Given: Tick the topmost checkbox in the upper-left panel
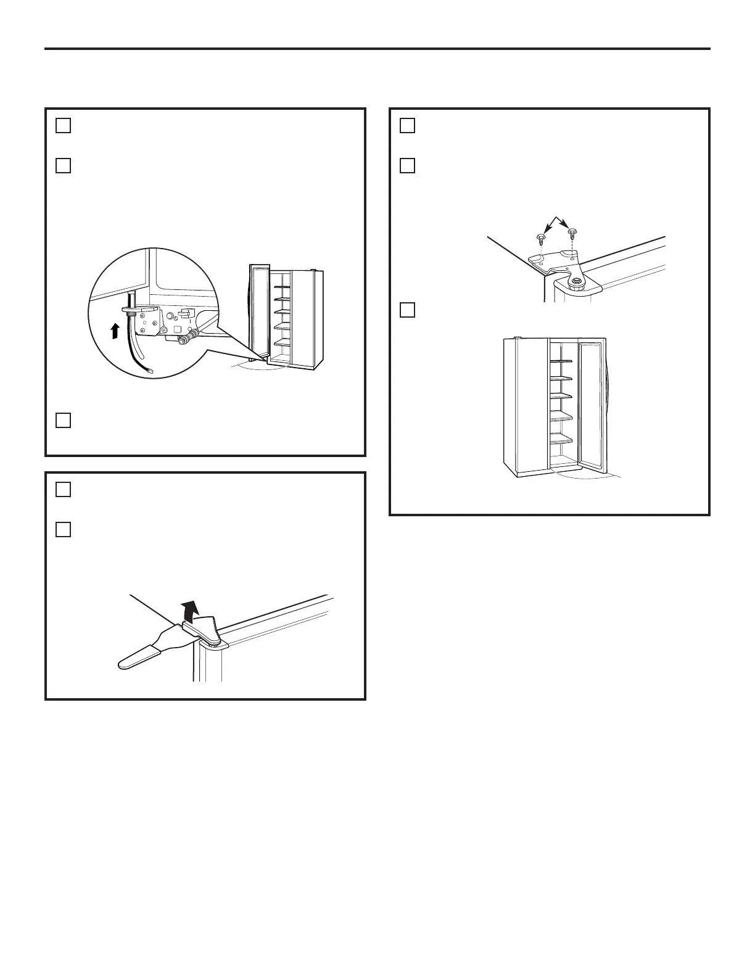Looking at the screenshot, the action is pyautogui.click(x=63, y=125).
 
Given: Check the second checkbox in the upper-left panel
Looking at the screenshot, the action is pyautogui.click(x=63, y=165).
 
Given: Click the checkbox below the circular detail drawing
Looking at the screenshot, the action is pyautogui.click(x=63, y=420).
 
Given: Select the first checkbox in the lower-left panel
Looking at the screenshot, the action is pyautogui.click(x=63, y=489).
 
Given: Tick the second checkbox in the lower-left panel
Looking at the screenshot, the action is pyautogui.click(x=63, y=529).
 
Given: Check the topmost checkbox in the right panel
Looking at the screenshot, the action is pyautogui.click(x=407, y=125).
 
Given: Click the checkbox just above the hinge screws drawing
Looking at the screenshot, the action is pyautogui.click(x=407, y=165).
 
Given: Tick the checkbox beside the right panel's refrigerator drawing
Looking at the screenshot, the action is pyautogui.click(x=407, y=309).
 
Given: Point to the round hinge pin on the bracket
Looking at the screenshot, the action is pyautogui.click(x=576, y=281).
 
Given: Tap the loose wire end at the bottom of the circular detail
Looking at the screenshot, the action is pyautogui.click(x=152, y=369).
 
